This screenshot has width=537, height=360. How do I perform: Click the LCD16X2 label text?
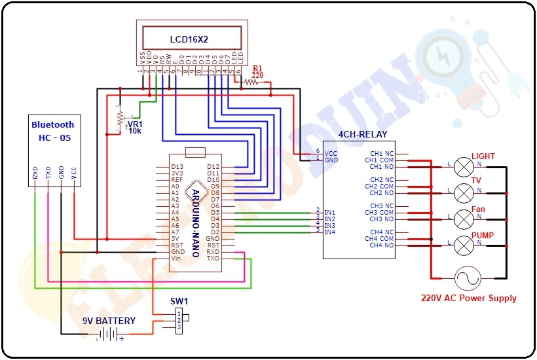point(189,39)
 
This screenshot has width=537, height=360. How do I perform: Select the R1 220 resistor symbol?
point(251,82)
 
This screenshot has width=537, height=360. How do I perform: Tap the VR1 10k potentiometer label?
point(134,126)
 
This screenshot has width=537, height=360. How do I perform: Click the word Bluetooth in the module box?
point(53,124)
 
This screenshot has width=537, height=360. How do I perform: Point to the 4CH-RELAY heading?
point(362,135)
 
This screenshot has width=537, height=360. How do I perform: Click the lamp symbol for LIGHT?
point(464,166)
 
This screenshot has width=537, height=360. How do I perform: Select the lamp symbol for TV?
point(464,192)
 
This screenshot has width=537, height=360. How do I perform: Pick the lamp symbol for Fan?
point(464,219)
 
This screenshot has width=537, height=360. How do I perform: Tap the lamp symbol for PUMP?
point(464,245)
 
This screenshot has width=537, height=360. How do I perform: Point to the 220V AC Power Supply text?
point(468,298)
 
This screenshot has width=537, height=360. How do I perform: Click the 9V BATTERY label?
point(109,321)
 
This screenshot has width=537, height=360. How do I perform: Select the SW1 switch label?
point(179,301)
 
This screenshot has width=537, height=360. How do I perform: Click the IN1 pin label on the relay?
point(330,212)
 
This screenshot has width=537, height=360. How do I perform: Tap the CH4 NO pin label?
point(382,245)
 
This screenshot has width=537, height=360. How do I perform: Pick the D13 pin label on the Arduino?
point(177,167)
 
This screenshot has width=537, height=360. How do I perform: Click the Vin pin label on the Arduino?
point(176,259)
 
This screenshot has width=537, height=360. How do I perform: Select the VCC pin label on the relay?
point(331,153)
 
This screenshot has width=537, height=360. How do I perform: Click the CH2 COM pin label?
point(380,187)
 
